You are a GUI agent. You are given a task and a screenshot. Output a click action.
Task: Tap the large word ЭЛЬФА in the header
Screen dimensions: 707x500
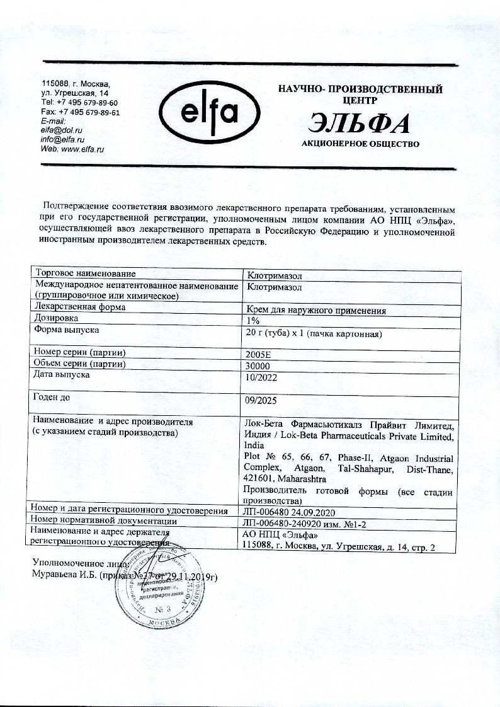pos(360,124)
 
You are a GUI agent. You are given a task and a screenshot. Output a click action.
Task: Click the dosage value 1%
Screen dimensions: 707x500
pos(253,320)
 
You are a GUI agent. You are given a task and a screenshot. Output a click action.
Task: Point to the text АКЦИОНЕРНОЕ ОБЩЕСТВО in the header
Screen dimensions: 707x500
pos(360,144)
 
